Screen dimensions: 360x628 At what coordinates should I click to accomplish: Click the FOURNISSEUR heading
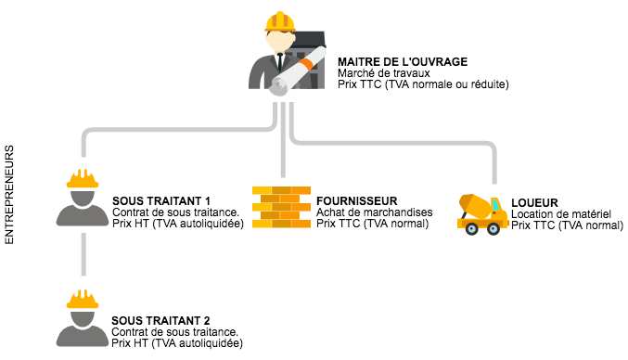(x=356, y=200)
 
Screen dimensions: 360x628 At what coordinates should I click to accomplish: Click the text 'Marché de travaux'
(x=378, y=73)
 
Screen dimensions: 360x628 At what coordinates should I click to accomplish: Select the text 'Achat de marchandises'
(x=374, y=212)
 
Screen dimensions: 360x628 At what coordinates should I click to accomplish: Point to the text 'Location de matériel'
(x=560, y=213)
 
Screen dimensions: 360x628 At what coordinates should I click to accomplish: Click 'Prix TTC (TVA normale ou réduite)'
(x=423, y=85)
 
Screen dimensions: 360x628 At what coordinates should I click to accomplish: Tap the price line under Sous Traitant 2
(x=176, y=343)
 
